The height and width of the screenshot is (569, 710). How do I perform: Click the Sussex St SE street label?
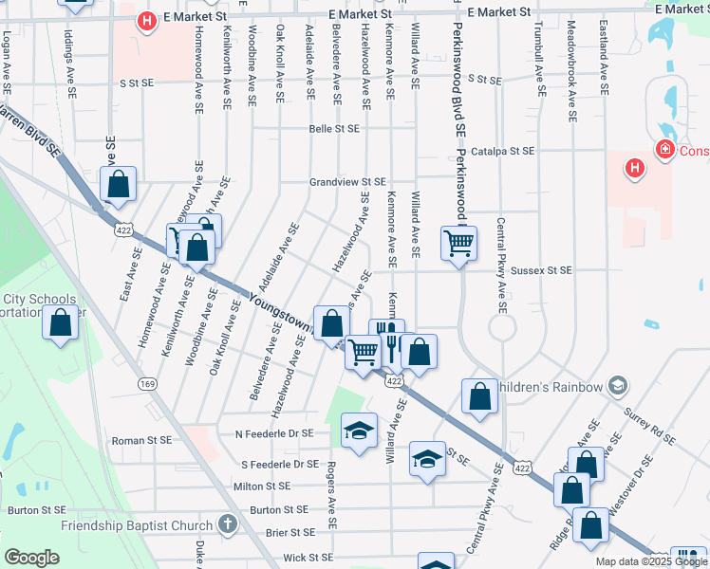541,270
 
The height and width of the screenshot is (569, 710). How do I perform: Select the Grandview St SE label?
347,181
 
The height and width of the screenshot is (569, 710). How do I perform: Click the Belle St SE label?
334,129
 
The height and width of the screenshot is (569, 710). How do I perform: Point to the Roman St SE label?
141,440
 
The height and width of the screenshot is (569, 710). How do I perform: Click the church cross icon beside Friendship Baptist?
226,523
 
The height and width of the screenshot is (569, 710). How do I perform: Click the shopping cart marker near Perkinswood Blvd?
458,243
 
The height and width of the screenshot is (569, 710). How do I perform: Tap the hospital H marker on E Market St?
146,21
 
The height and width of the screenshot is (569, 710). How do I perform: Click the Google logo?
31,558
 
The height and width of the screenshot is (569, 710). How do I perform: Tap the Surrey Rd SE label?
649,427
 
